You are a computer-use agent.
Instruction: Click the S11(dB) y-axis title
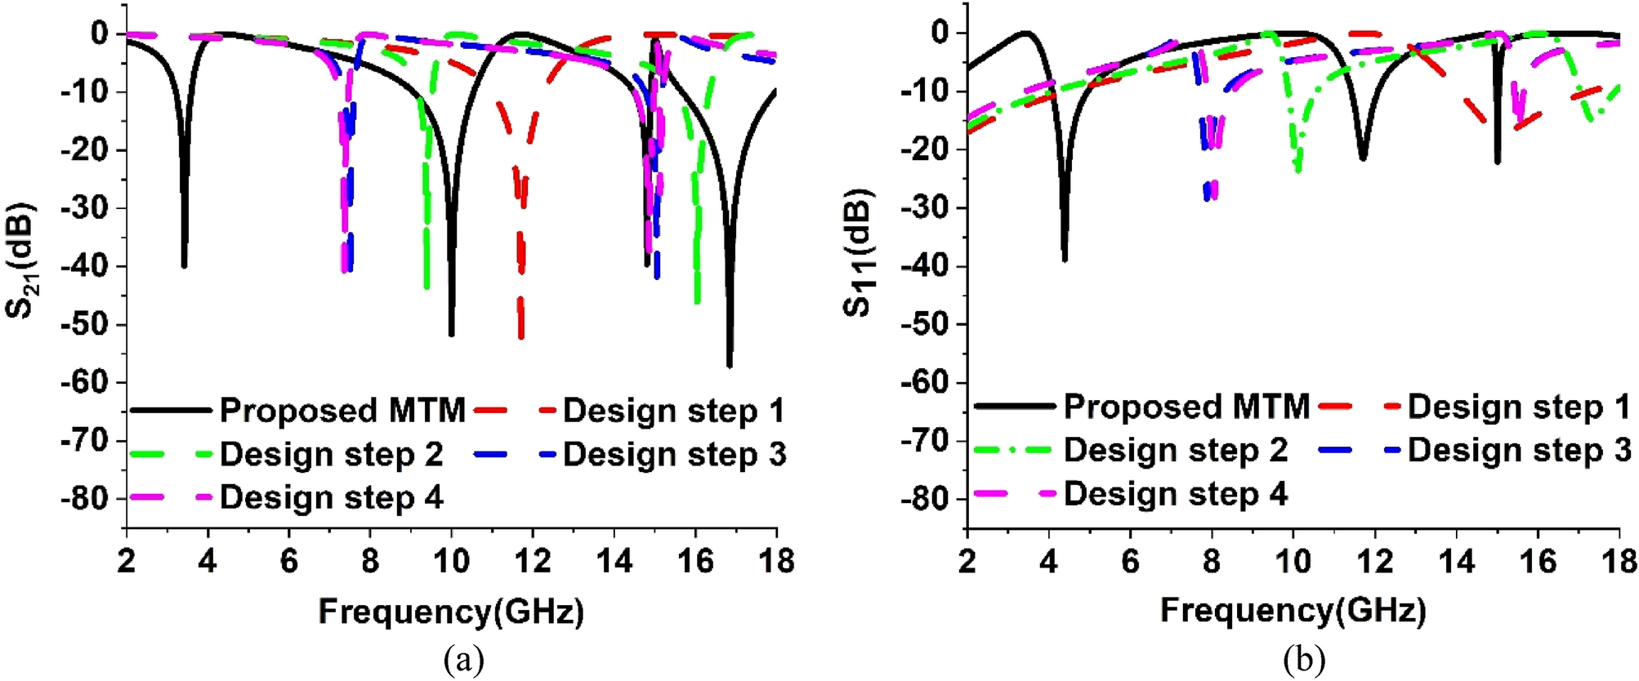click(x=859, y=253)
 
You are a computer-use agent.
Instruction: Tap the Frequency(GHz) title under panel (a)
click(x=451, y=611)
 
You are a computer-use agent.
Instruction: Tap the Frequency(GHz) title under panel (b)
click(x=1293, y=610)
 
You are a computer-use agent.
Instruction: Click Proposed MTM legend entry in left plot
click(x=342, y=410)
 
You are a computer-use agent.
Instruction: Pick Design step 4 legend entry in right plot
click(x=1175, y=493)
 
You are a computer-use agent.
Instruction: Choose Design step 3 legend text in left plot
click(x=674, y=454)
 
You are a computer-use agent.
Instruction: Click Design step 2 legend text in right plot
click(x=1175, y=450)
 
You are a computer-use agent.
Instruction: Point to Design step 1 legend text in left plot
click(x=674, y=411)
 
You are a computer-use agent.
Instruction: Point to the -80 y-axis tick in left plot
click(x=84, y=498)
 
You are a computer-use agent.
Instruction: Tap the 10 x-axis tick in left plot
click(x=451, y=561)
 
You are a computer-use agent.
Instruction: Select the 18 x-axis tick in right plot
click(x=1618, y=561)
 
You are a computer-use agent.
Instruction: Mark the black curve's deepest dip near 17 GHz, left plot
click(x=730, y=365)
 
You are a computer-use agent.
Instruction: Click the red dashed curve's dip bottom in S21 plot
click(x=521, y=336)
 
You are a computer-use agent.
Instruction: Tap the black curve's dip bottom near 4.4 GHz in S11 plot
click(x=1065, y=259)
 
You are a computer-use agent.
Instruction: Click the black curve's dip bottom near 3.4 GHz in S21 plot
click(x=185, y=265)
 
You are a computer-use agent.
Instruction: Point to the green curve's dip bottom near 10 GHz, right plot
click(x=1297, y=169)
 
